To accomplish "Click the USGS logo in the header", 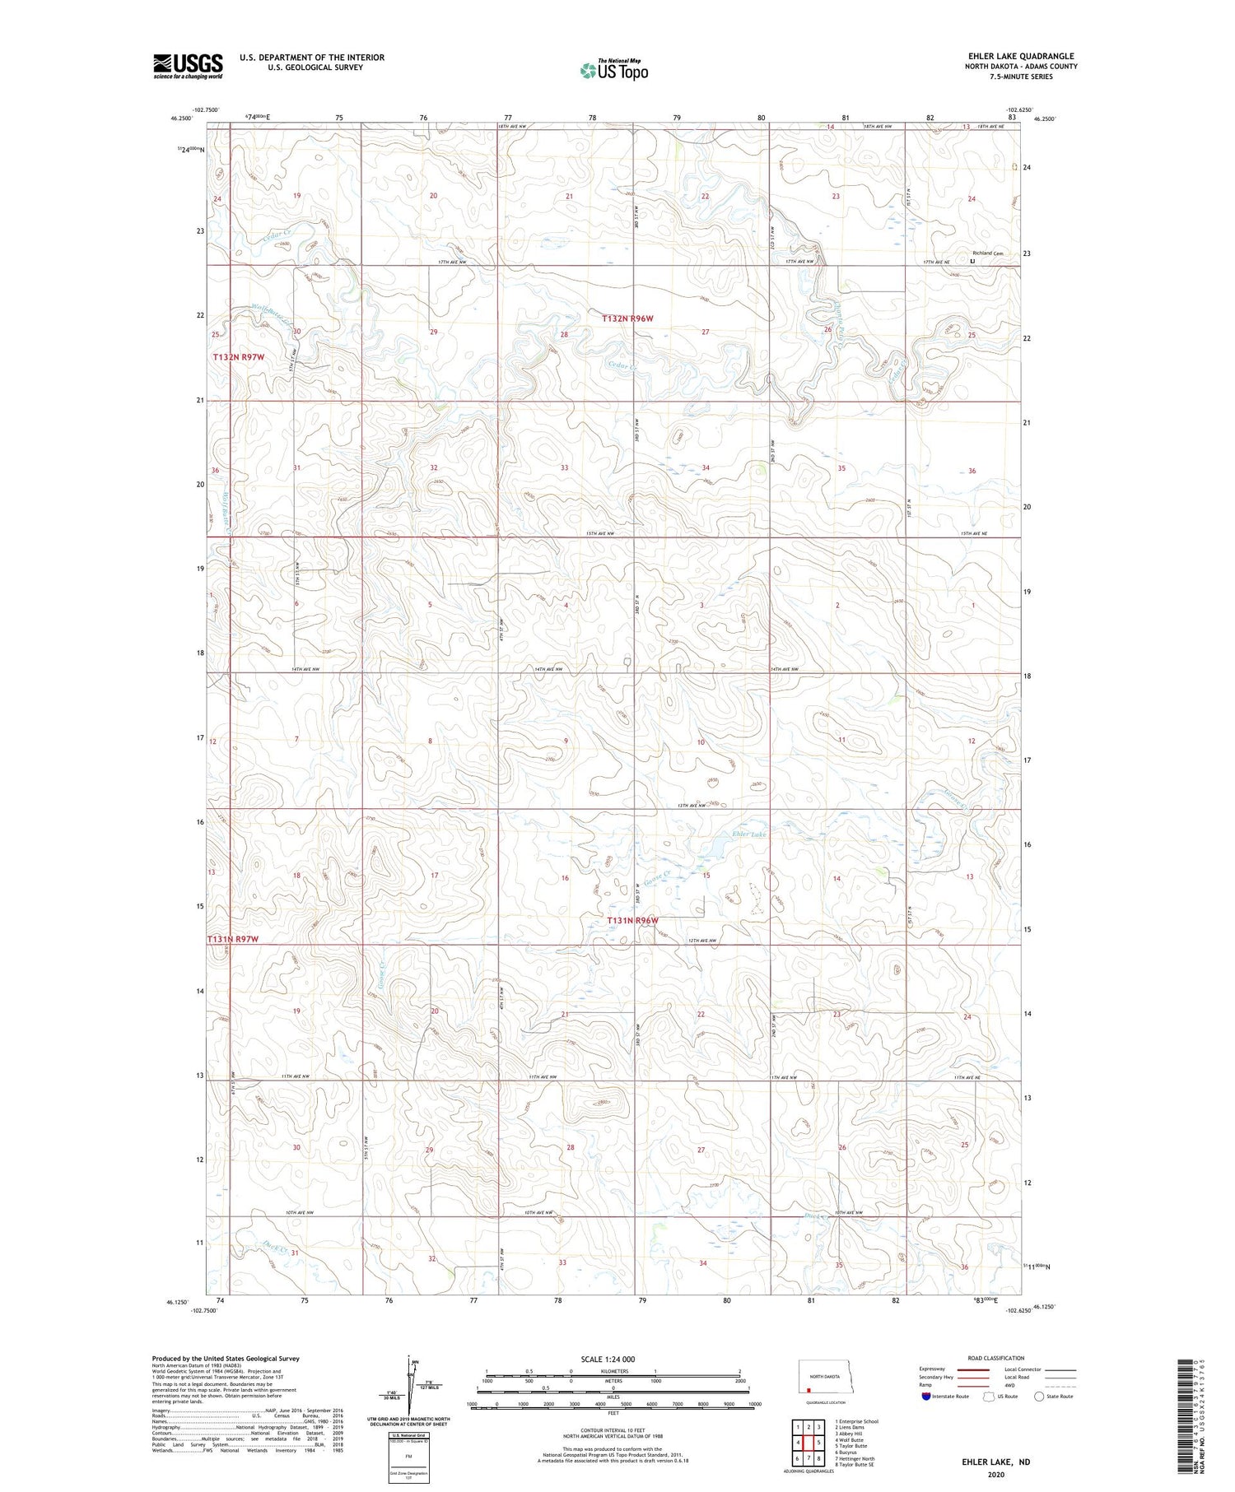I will coord(188,66).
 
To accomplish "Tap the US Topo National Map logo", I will coord(613,70).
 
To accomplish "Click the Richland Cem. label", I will coord(987,253).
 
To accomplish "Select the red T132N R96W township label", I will coord(627,318).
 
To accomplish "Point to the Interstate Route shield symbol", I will coord(926,1397).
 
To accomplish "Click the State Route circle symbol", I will coord(1040,1397).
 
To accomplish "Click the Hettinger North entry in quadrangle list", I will coord(856,1458).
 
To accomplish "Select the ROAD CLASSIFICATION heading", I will coord(996,1358).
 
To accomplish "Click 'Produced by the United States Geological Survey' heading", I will coord(226,1359).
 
